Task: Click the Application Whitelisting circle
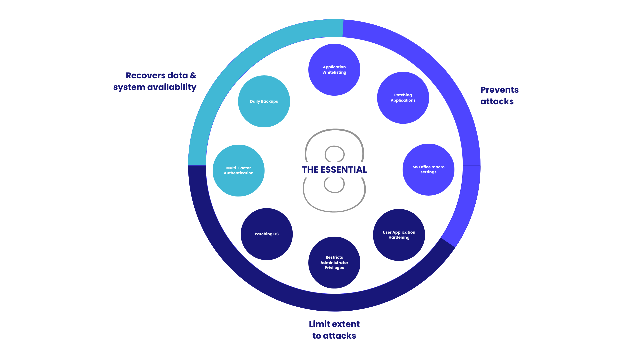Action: (x=334, y=70)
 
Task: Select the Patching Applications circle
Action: (x=403, y=98)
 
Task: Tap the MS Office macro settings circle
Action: (x=428, y=169)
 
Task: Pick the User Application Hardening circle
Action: (x=399, y=235)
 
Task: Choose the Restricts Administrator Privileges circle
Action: (x=334, y=262)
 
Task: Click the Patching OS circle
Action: (x=266, y=234)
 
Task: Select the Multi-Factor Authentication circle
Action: (x=238, y=170)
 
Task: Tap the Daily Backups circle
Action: (x=264, y=101)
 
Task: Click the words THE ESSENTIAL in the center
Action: (x=334, y=170)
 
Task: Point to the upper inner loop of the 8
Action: (x=334, y=154)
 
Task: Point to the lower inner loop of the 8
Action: (x=334, y=185)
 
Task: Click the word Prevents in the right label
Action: (x=499, y=90)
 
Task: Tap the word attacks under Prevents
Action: (x=497, y=102)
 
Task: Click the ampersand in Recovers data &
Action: (x=193, y=76)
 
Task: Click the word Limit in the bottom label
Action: (x=320, y=324)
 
